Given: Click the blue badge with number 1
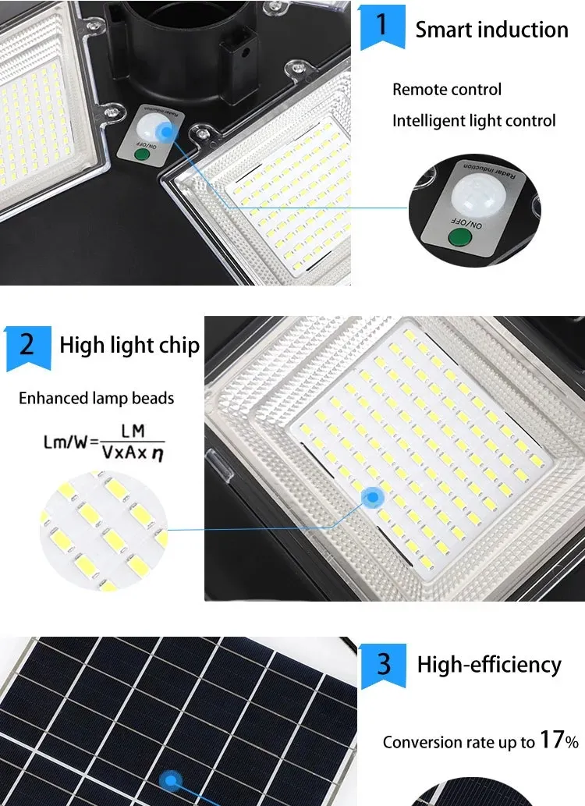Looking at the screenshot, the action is tap(382, 27).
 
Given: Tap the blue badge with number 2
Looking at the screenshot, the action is tap(28, 347).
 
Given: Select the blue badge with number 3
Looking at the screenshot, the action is tap(384, 666).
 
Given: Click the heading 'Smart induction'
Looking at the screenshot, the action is tap(492, 30).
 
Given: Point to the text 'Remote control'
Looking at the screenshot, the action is tap(447, 90).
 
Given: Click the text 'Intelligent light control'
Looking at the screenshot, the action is tap(474, 121).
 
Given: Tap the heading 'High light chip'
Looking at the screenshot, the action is tap(129, 346).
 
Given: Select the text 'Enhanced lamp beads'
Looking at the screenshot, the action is tap(96, 399).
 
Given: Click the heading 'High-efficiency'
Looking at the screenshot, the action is tap(489, 665).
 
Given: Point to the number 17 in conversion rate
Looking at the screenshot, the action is tap(551, 740).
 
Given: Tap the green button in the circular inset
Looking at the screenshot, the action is tap(460, 237).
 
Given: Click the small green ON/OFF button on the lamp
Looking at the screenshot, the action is tap(142, 154).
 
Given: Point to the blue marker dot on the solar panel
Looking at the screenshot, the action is tap(171, 781).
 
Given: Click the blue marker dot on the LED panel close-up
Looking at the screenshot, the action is tap(373, 498).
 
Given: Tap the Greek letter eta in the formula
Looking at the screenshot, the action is tap(158, 453).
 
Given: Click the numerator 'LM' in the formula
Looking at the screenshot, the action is tap(133, 431).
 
